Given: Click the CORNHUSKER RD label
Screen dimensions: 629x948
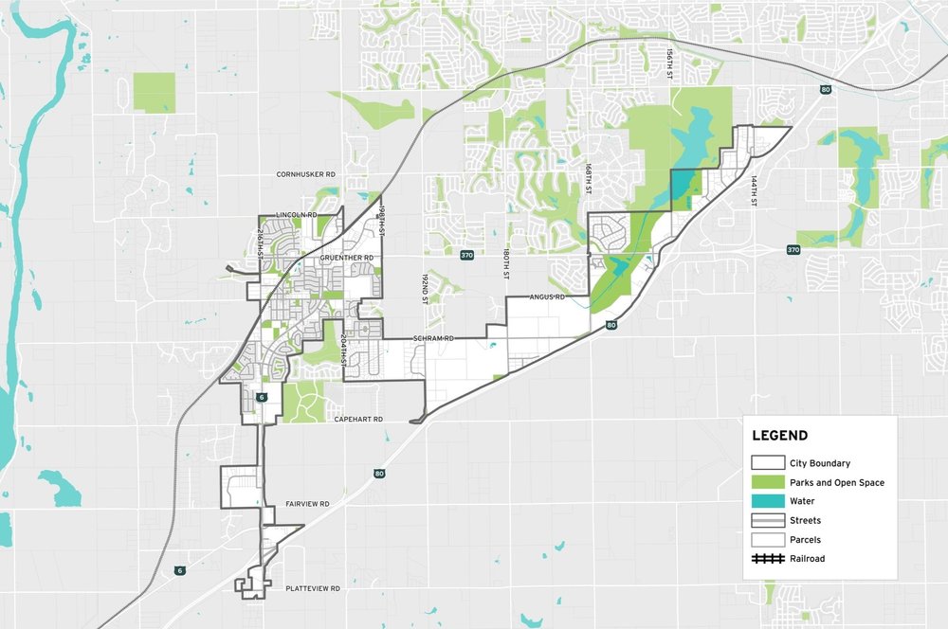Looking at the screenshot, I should [306, 175].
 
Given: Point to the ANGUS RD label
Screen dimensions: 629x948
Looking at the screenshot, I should [547, 297].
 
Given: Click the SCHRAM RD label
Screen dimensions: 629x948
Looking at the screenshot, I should [434, 338].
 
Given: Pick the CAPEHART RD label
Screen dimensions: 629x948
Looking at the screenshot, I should [357, 419].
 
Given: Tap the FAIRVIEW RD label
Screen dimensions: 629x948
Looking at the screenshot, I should [307, 504].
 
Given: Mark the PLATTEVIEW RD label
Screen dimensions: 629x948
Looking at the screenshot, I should [312, 588].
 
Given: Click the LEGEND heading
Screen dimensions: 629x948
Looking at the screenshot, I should [779, 437].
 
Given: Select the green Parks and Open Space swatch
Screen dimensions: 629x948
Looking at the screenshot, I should [767, 483].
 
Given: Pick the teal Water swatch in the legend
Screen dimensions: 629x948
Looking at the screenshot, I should [767, 502].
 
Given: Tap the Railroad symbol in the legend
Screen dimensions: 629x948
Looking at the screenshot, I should [767, 559].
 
